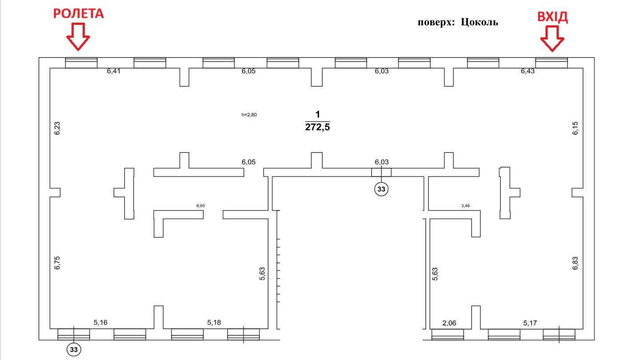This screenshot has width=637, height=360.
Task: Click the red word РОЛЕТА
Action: click(79, 14)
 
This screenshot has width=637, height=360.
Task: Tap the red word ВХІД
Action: click(553, 17)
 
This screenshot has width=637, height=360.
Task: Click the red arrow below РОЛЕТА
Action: click(78, 37)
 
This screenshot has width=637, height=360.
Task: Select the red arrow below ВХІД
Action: click(552, 39)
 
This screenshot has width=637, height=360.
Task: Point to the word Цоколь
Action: click(479, 22)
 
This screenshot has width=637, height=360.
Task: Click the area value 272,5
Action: click(317, 127)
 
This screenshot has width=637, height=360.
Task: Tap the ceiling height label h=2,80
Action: click(249, 115)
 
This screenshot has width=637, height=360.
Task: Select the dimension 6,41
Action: click(114, 71)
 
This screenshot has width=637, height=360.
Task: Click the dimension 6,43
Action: click(528, 71)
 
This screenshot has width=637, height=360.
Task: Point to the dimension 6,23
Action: click(57, 128)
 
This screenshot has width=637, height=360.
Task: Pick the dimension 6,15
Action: click(575, 128)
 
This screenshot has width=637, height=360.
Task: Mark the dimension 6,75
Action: click(57, 263)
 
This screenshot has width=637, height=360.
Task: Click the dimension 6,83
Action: click(575, 263)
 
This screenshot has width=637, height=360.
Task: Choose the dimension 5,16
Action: click(101, 323)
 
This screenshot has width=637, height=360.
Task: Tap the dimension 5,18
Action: click(214, 323)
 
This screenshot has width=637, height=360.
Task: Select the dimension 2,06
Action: click(449, 323)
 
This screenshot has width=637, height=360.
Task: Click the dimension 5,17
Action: click(530, 323)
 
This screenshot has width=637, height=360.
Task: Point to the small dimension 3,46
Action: click(466, 206)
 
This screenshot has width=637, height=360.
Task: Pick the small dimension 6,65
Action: click(201, 206)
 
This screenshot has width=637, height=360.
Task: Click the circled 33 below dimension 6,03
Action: click(381, 189)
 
